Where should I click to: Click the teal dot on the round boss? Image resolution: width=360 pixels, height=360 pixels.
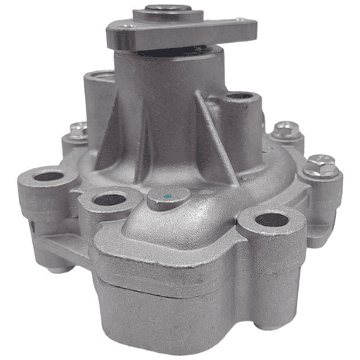point(168,194)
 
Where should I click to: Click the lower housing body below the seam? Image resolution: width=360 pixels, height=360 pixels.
point(200,310)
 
